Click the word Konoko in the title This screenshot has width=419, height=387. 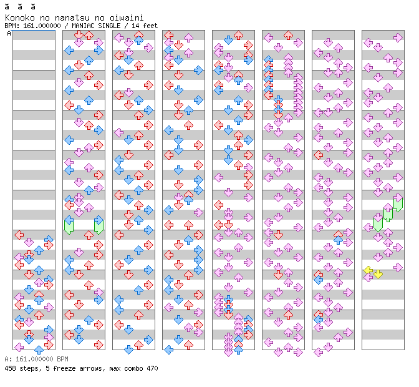(x=19, y=17)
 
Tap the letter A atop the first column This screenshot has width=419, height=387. (x=9, y=33)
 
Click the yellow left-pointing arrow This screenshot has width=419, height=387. (x=368, y=270)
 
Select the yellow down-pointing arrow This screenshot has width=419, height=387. (x=378, y=273)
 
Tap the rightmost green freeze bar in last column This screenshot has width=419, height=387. (x=398, y=203)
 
